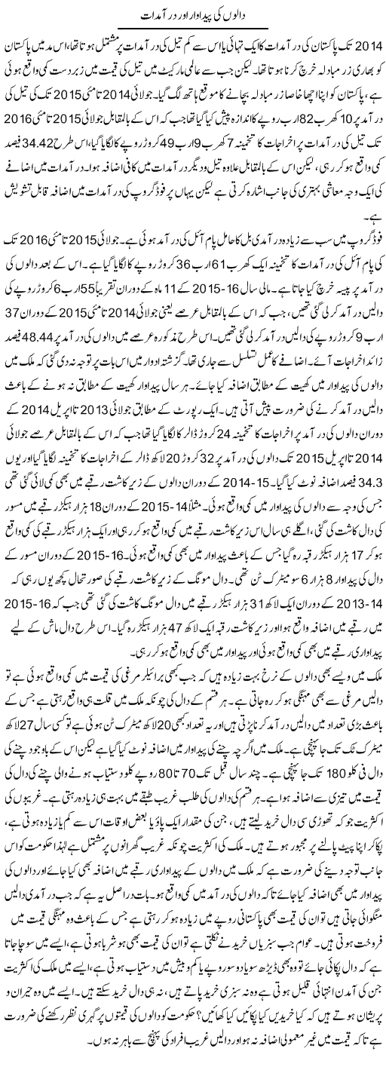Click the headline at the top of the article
coord(193,14)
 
